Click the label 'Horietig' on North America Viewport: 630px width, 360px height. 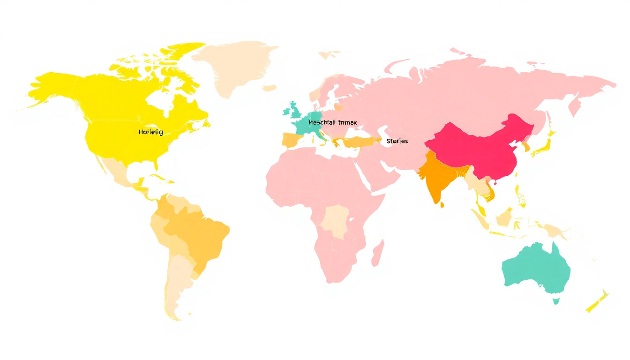click(x=150, y=132)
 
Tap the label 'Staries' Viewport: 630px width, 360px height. click(x=397, y=141)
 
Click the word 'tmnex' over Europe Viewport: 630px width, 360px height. click(x=347, y=122)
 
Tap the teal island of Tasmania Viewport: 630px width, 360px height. click(x=556, y=300)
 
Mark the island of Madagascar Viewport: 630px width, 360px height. click(x=378, y=254)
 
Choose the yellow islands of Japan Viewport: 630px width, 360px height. click(x=544, y=146)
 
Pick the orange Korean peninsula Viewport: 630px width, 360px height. click(x=527, y=147)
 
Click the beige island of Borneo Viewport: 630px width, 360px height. click(x=504, y=217)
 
